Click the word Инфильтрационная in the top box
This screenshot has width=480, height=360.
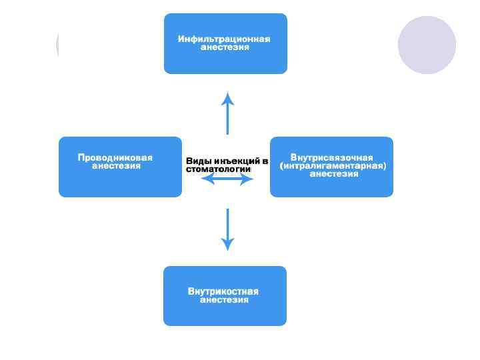(x=224, y=39)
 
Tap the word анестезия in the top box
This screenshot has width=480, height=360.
(x=225, y=48)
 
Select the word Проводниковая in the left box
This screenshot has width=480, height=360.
(x=115, y=158)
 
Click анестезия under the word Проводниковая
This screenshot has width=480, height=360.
(x=116, y=166)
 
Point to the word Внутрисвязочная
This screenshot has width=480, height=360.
(x=332, y=158)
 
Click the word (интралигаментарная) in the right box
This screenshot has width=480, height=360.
(x=333, y=166)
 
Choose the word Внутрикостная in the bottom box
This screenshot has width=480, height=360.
(x=223, y=291)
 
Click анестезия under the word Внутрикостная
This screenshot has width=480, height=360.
(x=225, y=300)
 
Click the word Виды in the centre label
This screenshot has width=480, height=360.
(x=197, y=161)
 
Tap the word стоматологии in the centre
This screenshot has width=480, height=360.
(x=218, y=169)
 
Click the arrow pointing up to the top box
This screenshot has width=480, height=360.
(x=228, y=114)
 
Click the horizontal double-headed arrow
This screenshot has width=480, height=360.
(x=227, y=179)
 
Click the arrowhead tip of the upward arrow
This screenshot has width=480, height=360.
(x=228, y=95)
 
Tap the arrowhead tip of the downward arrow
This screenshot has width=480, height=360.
(x=228, y=249)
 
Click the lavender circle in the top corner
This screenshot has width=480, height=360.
(x=427, y=45)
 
